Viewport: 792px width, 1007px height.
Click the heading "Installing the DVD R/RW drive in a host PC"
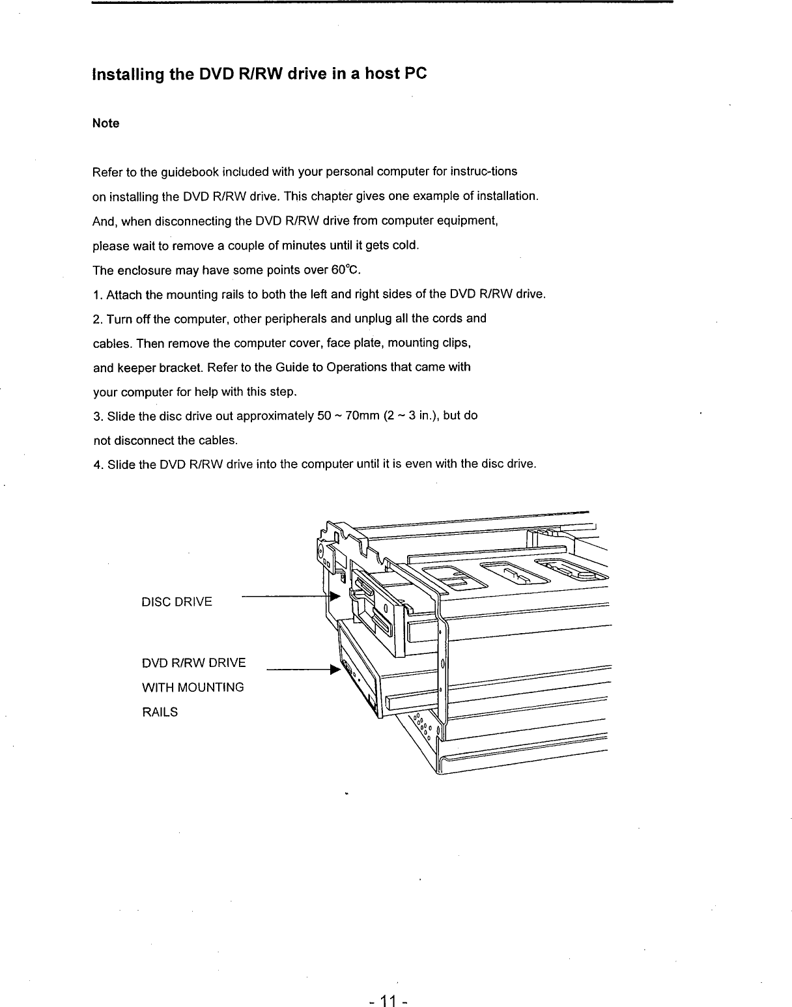(x=259, y=74)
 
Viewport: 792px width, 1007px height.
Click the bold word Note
(x=106, y=123)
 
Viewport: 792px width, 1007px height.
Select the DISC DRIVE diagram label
(x=177, y=601)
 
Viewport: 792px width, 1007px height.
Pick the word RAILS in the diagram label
(x=159, y=712)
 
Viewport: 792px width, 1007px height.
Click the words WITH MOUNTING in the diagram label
(x=193, y=687)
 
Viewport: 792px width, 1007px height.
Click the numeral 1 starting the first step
(x=96, y=295)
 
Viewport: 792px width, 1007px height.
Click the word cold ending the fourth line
(x=404, y=246)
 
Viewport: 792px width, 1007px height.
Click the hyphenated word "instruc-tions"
(x=485, y=172)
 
